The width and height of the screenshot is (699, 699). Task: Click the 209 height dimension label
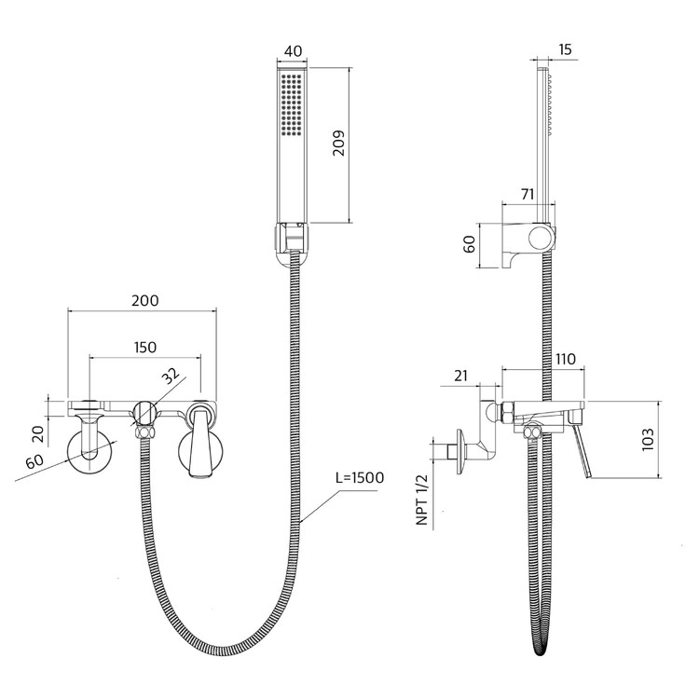click(339, 143)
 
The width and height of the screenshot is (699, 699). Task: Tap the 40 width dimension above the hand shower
click(293, 51)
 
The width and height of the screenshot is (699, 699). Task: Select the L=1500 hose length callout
click(360, 478)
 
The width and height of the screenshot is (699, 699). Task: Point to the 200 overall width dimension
click(144, 300)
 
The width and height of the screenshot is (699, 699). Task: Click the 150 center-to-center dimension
click(145, 347)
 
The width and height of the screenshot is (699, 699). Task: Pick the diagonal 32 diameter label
click(170, 377)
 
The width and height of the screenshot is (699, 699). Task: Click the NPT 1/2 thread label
click(421, 500)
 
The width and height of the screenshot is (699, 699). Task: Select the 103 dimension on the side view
click(648, 439)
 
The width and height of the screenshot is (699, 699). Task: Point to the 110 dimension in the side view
click(566, 359)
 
